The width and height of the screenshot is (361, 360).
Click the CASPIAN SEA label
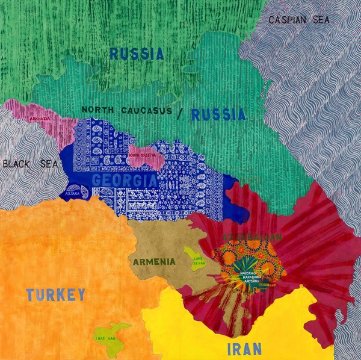coord(300,19)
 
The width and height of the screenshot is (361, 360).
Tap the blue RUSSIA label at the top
coord(137,54)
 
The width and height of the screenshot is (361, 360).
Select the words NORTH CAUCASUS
coord(126,110)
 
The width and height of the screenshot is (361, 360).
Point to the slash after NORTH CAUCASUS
coord(179,111)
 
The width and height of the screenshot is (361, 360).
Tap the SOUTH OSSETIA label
coord(141,155)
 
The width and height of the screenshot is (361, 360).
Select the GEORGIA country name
coord(125,180)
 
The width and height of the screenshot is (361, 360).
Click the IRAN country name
coord(245,349)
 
